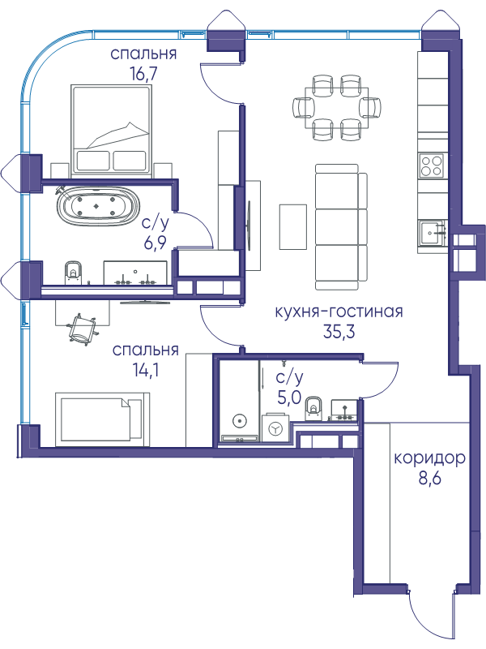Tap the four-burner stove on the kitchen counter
click(431, 165)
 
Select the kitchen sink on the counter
click(432, 233)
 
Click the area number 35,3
click(339, 332)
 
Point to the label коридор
click(430, 458)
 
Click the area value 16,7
click(143, 74)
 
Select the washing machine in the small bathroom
click(275, 428)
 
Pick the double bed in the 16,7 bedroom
click(112, 129)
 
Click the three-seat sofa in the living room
click(341, 226)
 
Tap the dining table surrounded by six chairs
click(337, 109)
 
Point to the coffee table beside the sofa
click(293, 227)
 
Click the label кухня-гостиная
click(339, 312)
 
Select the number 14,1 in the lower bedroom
click(146, 371)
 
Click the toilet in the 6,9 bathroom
click(73, 273)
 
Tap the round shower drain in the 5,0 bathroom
click(239, 422)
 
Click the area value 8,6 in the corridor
click(430, 478)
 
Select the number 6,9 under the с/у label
click(155, 243)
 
